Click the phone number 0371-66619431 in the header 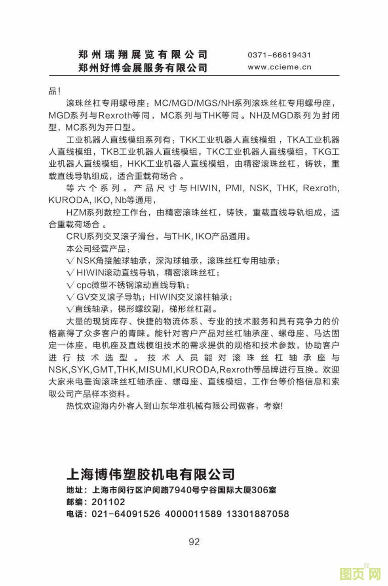coord(279,55)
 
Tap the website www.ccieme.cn coord(280,67)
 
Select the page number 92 coord(194,542)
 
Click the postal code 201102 coord(108,502)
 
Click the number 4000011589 coord(193,514)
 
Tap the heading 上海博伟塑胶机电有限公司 coord(151,474)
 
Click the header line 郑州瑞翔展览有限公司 coord(143,55)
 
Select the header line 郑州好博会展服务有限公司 coord(143,68)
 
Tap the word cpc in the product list coord(84,285)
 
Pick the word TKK coord(188,140)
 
